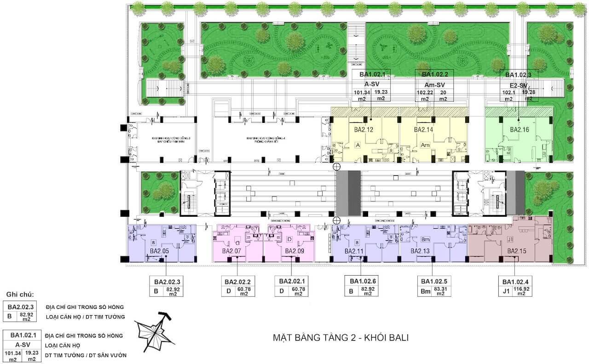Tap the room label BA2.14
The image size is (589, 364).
(424, 130)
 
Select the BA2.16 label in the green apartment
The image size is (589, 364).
(520, 130)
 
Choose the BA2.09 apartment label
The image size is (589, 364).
(294, 251)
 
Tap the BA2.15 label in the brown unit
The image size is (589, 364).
(517, 251)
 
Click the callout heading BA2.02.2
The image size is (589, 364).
(237, 282)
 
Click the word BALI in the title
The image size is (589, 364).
(395, 337)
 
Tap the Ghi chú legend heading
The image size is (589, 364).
(20, 295)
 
